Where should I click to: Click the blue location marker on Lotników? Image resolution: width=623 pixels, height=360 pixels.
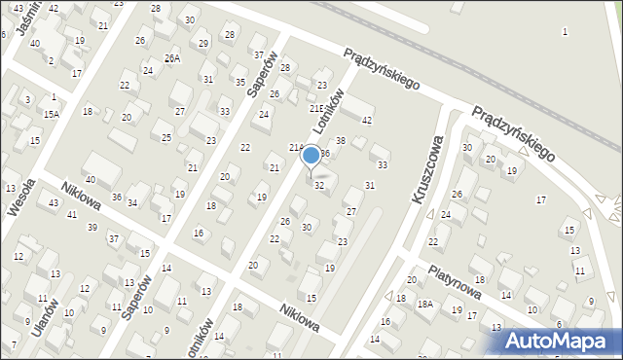tap(311, 156)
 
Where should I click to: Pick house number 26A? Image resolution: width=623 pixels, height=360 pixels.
tap(172, 58)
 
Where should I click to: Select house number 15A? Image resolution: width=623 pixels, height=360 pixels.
tap(51, 114)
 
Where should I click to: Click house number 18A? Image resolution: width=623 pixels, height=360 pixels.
tap(425, 304)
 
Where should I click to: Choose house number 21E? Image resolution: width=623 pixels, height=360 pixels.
tap(316, 109)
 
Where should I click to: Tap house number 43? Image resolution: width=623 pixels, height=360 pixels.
tap(54, 202)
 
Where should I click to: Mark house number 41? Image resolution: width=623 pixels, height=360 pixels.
tap(72, 214)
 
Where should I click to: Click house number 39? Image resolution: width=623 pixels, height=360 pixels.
tap(92, 228)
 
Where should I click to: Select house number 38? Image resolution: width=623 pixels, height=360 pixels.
tap(341, 141)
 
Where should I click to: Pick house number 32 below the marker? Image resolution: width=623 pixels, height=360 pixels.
tap(319, 186)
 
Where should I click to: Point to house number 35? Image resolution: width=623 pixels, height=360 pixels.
tap(240, 82)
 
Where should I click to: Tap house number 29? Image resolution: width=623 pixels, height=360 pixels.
tap(203, 44)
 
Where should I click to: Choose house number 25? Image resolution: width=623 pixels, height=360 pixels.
tap(166, 137)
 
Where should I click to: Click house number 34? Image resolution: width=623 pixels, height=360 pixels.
tap(131, 202)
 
